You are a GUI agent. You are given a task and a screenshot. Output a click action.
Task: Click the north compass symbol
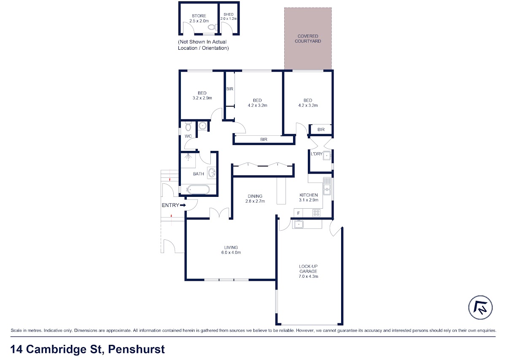480,307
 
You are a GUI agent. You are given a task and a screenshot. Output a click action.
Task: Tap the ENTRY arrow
183,205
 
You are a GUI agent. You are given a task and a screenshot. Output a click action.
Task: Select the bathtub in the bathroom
198,190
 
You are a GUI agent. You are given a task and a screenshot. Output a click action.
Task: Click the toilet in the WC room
188,126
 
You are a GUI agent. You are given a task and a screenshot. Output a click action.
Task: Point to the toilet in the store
212,27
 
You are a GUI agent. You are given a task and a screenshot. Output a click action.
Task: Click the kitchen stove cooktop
316,213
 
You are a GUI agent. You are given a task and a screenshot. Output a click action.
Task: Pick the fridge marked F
299,213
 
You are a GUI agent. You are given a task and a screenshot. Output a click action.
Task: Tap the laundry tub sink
327,156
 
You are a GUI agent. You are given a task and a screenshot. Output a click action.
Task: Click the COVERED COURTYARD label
308,39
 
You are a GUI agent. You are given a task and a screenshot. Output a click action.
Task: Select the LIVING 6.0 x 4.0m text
231,250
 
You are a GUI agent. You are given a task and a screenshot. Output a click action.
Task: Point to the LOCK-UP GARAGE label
308,269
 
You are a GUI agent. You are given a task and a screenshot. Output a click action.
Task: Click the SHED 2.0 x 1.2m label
229,16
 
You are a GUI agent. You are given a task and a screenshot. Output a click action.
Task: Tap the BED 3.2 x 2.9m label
202,96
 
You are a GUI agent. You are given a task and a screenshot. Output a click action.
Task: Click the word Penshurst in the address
137,349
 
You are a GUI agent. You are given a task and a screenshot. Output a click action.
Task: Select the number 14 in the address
16,349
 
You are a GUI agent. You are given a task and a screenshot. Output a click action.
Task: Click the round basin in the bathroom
212,173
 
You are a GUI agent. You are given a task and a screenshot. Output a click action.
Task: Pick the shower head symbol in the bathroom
188,156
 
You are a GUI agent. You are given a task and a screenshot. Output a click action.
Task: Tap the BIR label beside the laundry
321,130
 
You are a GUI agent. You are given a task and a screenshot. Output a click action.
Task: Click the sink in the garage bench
299,224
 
